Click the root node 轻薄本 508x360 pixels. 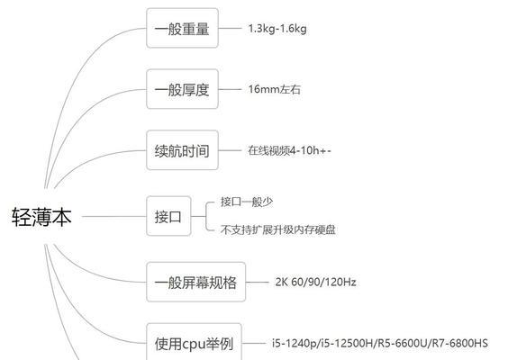pos(41,217)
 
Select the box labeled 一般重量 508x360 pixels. pos(182,28)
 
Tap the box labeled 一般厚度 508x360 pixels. pos(182,89)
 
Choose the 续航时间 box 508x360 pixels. pos(182,150)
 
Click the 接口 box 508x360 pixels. pos(168,216)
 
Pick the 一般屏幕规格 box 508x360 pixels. pos(195,282)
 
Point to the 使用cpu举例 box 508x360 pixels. pos(194,342)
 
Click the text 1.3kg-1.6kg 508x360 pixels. pos(277,29)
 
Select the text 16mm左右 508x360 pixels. pos(275,89)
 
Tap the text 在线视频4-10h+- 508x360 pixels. pos(290,150)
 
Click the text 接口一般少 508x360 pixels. pos(247,202)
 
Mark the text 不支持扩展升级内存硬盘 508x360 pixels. pos(278,229)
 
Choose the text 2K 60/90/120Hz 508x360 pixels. pos(315,282)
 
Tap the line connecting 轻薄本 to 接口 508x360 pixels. pos(114,216)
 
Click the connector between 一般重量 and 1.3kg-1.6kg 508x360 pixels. pos(230,28)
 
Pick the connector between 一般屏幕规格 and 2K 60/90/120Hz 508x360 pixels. pos(258,282)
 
